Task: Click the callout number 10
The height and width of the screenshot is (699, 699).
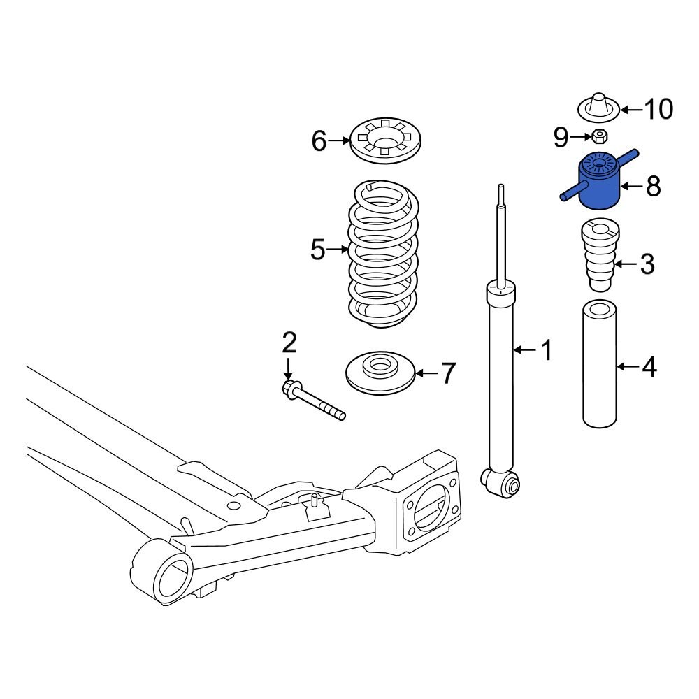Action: point(657,109)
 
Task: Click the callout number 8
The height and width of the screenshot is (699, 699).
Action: point(652,186)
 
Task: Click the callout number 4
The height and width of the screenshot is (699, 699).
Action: point(649,366)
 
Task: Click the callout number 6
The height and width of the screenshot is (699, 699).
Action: point(319,142)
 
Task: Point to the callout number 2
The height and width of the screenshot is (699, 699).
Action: point(289,343)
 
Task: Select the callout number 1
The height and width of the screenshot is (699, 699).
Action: point(545,349)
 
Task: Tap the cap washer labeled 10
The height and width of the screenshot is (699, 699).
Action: point(599,108)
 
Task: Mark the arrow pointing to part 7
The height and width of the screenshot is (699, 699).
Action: point(426,373)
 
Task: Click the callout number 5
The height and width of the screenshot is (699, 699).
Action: point(318,249)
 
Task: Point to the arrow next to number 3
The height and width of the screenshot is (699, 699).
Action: point(626,264)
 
